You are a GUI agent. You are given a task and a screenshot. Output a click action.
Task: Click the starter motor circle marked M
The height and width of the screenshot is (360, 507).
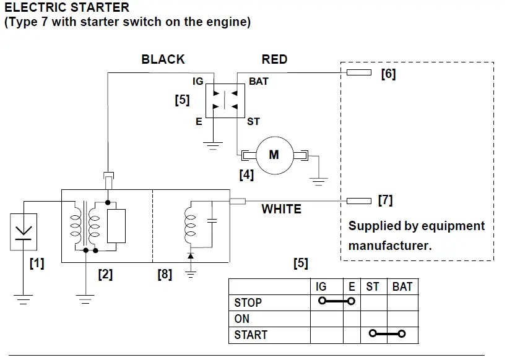tap(273, 155)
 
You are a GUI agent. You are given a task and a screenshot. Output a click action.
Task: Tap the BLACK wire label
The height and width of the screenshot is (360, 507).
tap(163, 59)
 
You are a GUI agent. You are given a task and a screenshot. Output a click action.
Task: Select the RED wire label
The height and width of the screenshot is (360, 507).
tap(274, 59)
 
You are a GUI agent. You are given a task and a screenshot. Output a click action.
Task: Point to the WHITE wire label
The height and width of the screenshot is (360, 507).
tap(282, 209)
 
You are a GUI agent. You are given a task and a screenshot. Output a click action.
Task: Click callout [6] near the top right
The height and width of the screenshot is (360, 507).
tap(388, 74)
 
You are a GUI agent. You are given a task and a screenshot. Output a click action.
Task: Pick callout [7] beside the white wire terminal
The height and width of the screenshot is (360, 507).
tap(384, 200)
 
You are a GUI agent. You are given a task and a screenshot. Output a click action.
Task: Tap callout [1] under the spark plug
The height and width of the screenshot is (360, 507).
tap(37, 264)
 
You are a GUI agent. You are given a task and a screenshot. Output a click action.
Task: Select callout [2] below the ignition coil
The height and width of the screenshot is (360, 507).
tap(105, 274)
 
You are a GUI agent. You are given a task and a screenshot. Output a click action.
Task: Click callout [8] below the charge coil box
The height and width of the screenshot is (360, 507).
tap(165, 274)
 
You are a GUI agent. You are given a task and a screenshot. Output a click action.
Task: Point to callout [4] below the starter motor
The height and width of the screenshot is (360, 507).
tap(246, 175)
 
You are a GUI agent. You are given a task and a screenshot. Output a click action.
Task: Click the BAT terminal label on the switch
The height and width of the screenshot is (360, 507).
tap(259, 82)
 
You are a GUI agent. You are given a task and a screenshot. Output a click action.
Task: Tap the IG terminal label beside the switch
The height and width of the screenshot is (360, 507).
tap(197, 82)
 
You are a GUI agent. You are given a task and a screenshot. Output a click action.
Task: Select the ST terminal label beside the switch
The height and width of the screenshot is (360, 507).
tap(253, 122)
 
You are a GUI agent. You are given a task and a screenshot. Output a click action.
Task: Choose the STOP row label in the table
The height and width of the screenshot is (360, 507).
tap(248, 302)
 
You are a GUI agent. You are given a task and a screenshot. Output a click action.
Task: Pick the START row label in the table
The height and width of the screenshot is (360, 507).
tap(251, 335)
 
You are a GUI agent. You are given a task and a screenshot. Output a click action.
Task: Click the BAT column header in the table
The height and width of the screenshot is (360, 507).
tap(402, 286)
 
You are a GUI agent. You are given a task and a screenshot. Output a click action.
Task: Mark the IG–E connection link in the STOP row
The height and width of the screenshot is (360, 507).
tap(336, 302)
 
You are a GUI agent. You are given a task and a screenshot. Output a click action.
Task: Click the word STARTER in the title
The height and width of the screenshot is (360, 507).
tap(93, 8)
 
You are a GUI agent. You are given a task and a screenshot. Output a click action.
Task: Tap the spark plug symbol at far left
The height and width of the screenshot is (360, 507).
tap(24, 231)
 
